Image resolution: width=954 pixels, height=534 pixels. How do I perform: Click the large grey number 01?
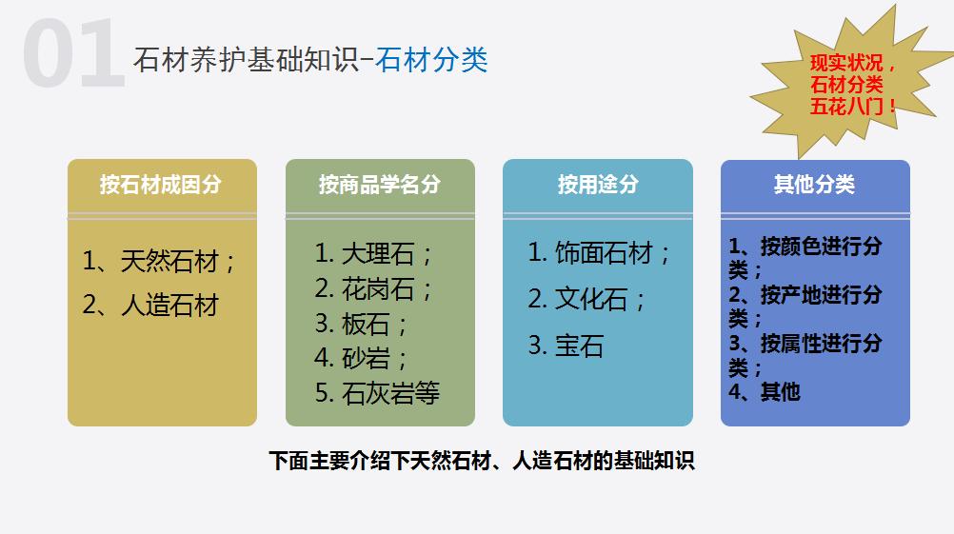[x=74, y=55]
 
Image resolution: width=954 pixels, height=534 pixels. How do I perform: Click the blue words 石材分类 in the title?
[x=431, y=59]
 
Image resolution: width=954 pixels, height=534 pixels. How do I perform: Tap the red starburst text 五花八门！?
[x=853, y=107]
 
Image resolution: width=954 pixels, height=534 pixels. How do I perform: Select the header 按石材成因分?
[x=161, y=184]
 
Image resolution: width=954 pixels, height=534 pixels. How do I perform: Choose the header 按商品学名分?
[x=380, y=184]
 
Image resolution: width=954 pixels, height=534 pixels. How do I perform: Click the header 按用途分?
[x=597, y=184]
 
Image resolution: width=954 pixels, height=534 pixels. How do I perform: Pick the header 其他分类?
[x=814, y=184]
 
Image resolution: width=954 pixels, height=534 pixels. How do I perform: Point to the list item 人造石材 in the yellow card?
[x=169, y=305]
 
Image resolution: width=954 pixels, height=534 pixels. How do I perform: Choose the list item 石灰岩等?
[x=390, y=393]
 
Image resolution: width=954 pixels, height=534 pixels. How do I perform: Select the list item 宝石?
[x=579, y=345]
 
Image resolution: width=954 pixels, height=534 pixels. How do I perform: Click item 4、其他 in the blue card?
[x=765, y=391]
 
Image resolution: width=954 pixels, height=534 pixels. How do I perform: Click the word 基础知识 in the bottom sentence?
[x=656, y=462]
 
